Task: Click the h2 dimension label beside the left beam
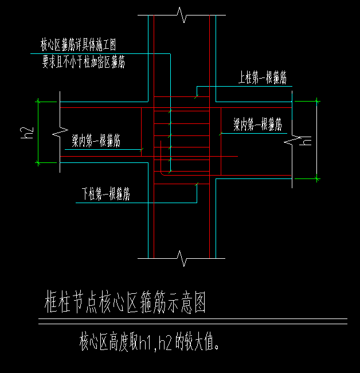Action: coord(25,133)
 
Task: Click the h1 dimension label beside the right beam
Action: coord(307,139)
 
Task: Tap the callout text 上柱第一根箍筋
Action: coord(263,79)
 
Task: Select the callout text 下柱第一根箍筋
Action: coord(104,195)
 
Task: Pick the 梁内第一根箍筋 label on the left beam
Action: coord(96,141)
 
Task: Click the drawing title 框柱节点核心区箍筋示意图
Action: coord(124,303)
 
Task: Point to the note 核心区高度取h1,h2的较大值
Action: coord(150,343)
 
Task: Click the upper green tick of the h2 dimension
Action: coord(38,101)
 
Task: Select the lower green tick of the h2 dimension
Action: coord(38,163)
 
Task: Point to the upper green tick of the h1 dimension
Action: coord(317,101)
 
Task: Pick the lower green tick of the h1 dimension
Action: coord(317,179)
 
